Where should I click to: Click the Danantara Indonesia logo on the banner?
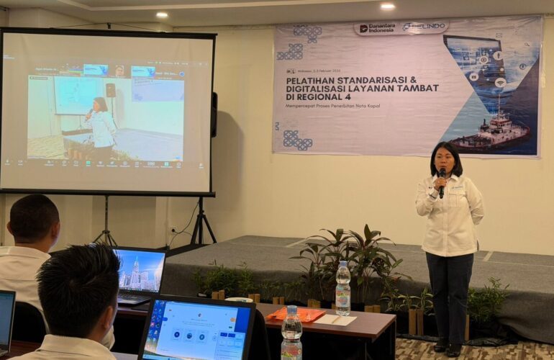(x=376, y=28)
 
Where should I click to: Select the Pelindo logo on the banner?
(x=424, y=27)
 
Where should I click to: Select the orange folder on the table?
(x=296, y=314)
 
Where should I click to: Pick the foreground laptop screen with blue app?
(x=195, y=332)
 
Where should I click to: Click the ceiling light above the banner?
(x=388, y=6)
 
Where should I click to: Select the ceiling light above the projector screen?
(x=161, y=14)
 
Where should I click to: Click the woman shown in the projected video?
(x=100, y=127)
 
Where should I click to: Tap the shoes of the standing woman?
(x=447, y=348)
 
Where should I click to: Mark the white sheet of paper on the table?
(x=335, y=319)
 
